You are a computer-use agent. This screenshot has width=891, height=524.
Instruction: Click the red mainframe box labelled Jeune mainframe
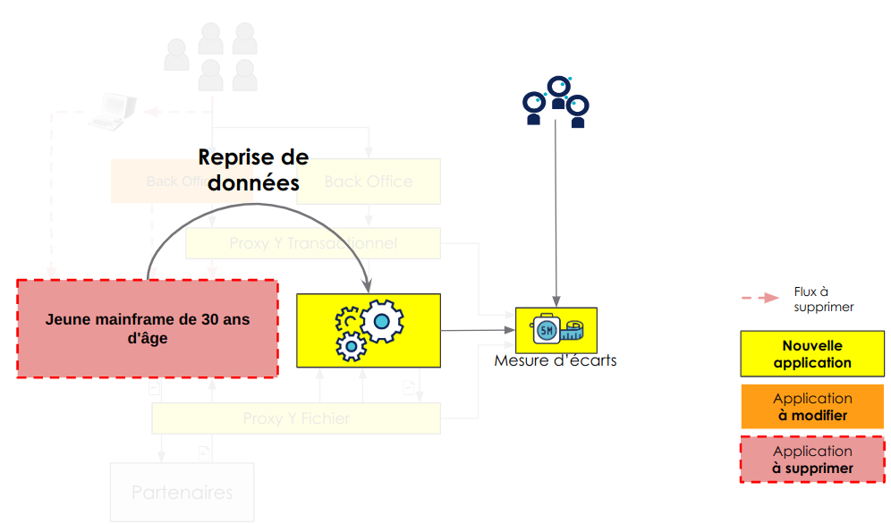tap(148, 328)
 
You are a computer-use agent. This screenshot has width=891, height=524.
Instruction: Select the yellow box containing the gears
tap(369, 330)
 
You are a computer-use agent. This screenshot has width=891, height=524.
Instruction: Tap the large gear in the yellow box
tap(382, 320)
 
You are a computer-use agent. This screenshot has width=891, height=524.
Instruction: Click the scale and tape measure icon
tap(556, 330)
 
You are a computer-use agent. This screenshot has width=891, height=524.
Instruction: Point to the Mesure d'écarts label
tap(555, 361)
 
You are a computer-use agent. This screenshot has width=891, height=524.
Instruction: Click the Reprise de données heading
tap(253, 170)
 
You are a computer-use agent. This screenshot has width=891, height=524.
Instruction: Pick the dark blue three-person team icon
tap(556, 100)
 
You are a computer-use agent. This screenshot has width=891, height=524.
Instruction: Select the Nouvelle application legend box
tap(812, 354)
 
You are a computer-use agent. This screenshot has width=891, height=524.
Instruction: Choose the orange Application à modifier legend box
tap(812, 407)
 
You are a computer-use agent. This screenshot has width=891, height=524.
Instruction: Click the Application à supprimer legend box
tap(812, 460)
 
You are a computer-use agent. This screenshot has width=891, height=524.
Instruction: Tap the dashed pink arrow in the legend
tap(759, 298)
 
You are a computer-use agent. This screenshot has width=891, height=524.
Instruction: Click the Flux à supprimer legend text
tap(823, 299)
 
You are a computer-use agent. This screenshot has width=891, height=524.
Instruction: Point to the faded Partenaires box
tap(182, 492)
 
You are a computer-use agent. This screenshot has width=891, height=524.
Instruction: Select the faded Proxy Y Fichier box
tap(296, 418)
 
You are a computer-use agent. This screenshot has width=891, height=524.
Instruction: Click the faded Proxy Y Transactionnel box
tap(313, 243)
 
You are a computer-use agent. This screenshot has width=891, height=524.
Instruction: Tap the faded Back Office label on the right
tap(369, 182)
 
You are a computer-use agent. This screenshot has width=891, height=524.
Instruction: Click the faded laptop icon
tap(114, 111)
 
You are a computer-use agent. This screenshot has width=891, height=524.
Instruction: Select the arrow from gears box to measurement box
tap(478, 330)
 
